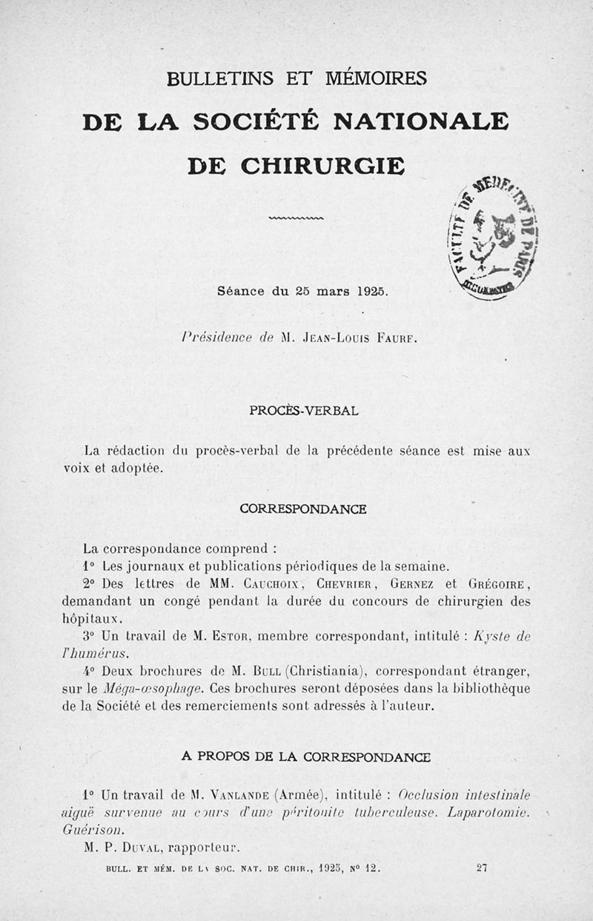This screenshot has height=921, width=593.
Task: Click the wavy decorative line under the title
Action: [x=296, y=218]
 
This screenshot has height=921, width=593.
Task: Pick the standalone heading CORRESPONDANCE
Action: [x=303, y=509]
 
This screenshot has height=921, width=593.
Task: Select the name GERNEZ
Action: [x=423, y=584]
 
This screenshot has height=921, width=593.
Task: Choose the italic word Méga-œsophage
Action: [x=141, y=688]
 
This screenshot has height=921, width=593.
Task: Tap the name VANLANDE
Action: [x=233, y=796]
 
